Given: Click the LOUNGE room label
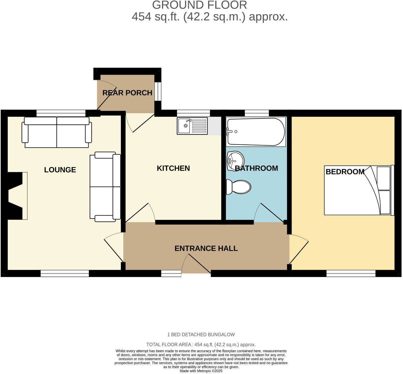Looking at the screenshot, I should (60, 170).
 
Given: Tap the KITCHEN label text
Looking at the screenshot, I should (173, 168).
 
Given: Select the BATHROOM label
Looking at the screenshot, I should (256, 168).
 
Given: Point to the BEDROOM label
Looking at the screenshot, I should (345, 172).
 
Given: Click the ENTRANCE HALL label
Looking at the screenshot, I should (206, 248).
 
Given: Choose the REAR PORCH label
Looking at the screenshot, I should (127, 93).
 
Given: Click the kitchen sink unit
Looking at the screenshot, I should (192, 126).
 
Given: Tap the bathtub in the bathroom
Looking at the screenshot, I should (256, 132).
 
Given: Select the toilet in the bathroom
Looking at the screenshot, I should (238, 187).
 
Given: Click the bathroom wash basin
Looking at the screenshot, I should (235, 160).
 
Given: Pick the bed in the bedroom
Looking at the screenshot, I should (359, 190).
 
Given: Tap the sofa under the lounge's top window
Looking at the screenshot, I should (57, 132).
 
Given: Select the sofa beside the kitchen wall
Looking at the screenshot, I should (105, 187).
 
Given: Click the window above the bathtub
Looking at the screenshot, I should (257, 113).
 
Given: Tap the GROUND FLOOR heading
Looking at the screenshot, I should (199, 5).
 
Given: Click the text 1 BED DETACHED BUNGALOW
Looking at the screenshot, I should (201, 335).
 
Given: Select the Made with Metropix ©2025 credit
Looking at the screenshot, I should (201, 371).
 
